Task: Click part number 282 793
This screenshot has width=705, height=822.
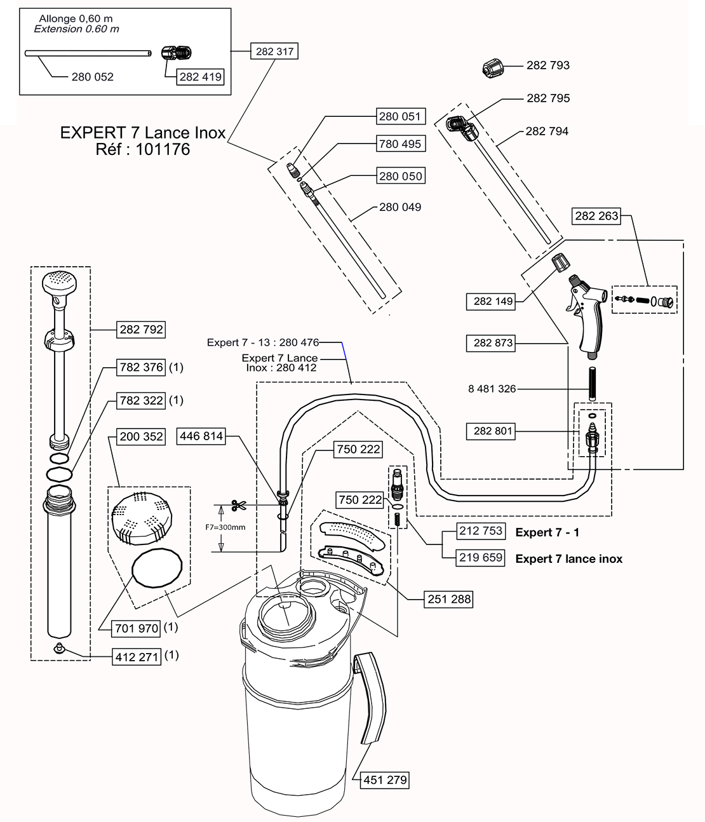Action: (547, 65)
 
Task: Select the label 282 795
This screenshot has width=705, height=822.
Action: (548, 98)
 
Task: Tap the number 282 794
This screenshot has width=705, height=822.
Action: (547, 131)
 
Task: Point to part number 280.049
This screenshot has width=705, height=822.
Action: (400, 207)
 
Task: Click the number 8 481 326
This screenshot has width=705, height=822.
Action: (492, 389)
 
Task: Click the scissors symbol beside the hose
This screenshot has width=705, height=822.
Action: (239, 505)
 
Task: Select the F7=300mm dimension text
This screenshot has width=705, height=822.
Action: (225, 527)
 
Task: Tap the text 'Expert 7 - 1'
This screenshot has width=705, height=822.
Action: (547, 533)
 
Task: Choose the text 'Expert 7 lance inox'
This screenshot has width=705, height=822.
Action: (568, 559)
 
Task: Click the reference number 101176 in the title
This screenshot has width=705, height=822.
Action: (163, 151)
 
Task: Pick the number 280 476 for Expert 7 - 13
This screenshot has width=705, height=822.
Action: (299, 343)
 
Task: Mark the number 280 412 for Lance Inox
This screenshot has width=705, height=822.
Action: (296, 368)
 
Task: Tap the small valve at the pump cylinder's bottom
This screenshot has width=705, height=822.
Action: (60, 647)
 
